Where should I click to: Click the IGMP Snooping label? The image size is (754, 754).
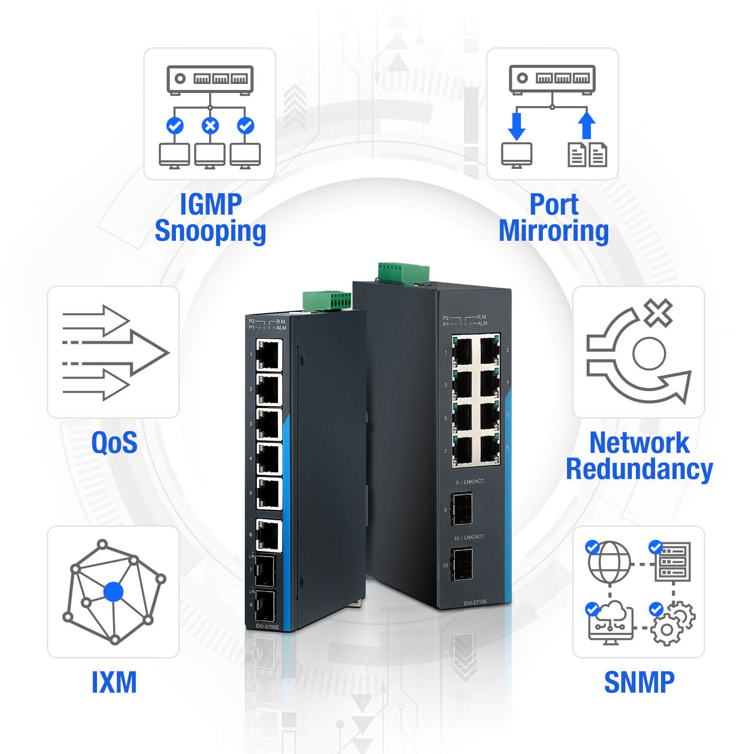pyautogui.click(x=210, y=218)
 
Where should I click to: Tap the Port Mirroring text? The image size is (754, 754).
pyautogui.click(x=553, y=218)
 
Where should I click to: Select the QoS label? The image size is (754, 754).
pyautogui.click(x=114, y=443)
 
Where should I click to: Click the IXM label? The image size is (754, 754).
pyautogui.click(x=114, y=682)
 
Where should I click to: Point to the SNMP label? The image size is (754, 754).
pyautogui.click(x=639, y=682)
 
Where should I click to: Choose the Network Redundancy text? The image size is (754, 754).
pyautogui.click(x=639, y=456)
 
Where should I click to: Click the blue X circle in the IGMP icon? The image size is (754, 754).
pyautogui.click(x=210, y=125)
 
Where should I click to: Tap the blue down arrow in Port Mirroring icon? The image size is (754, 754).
pyautogui.click(x=517, y=126)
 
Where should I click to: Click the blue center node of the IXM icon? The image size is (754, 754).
pyautogui.click(x=113, y=592)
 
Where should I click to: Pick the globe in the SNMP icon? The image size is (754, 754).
pyautogui.click(x=609, y=561)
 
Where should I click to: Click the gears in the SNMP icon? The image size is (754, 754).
pyautogui.click(x=673, y=623)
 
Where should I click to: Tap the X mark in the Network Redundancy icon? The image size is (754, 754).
pyautogui.click(x=658, y=313)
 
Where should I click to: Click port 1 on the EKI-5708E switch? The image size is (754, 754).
pyautogui.click(x=269, y=354)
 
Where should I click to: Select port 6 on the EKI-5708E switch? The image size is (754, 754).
pyautogui.click(x=269, y=535)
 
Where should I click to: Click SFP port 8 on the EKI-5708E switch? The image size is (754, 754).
pyautogui.click(x=265, y=605)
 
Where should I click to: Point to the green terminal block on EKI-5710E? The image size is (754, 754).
pyautogui.click(x=404, y=273)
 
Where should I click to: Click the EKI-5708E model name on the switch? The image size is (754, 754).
pyautogui.click(x=267, y=626)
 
